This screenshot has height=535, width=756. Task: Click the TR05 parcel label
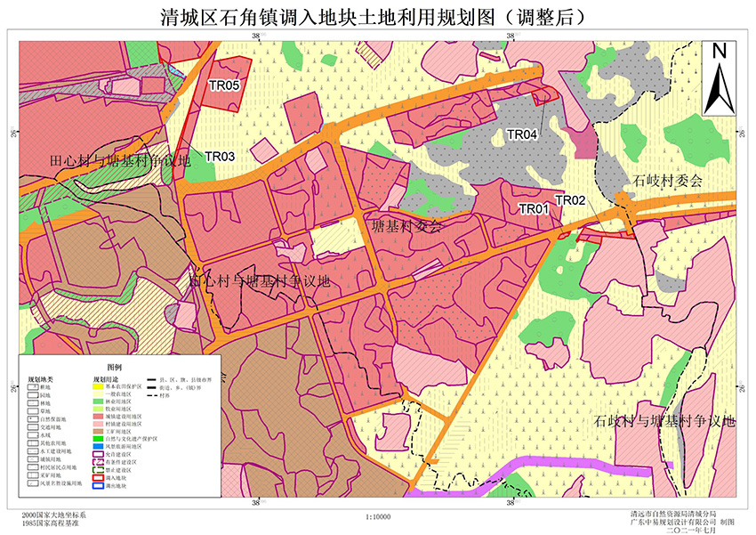coord(224,85)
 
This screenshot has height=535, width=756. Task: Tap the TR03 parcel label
coord(220,157)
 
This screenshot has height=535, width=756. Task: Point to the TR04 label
coord(522,134)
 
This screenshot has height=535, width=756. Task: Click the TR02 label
coord(569,200)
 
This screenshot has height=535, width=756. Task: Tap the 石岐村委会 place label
coord(668,180)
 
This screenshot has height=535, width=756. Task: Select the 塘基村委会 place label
coord(406,226)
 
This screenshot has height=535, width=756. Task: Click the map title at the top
coord(377,16)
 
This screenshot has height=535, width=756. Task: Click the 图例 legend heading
coord(114,367)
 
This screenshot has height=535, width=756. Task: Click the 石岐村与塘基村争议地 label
coord(665,421)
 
